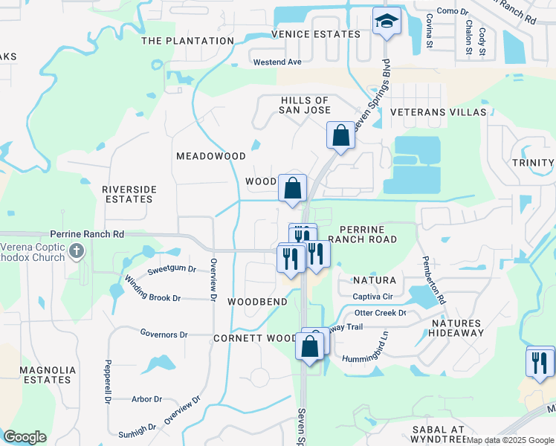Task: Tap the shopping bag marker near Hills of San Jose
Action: coord(340,136)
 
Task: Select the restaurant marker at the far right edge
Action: coord(540,362)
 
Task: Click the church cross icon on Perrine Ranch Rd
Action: coord(76,251)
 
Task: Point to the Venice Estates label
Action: coord(316,34)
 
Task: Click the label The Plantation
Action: coord(187,41)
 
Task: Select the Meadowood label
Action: coord(210,156)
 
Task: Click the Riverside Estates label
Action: coord(129,195)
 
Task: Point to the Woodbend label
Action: coord(257,302)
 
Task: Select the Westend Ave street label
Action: coord(277,62)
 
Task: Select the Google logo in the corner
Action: coord(25,437)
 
